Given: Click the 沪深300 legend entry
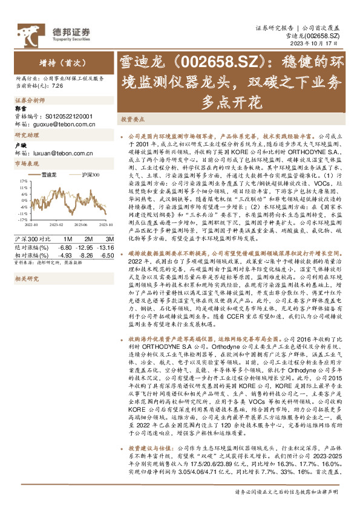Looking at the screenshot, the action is point(90,174).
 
